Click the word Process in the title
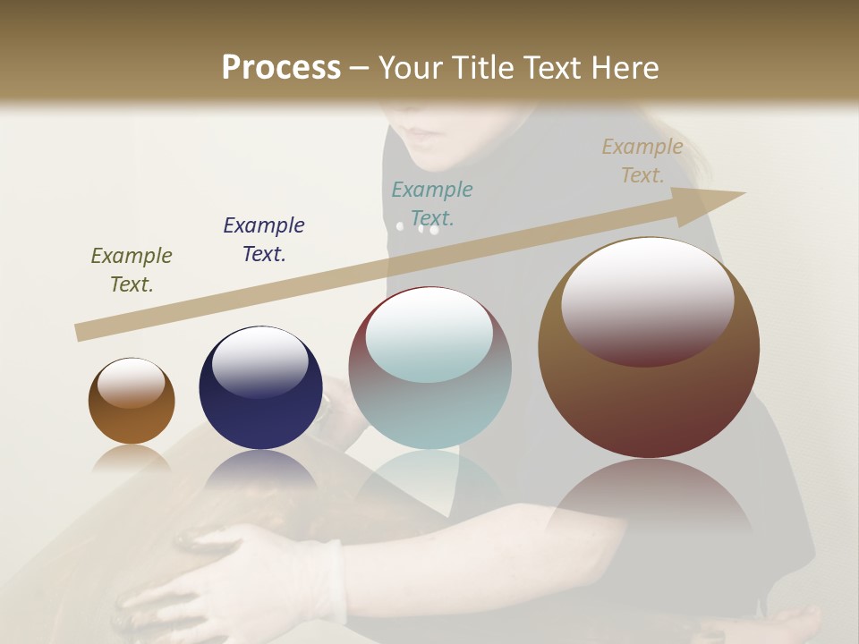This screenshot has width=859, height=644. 281,68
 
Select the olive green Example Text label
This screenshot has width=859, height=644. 132,270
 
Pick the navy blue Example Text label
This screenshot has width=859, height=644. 264,240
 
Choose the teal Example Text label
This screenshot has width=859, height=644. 432,204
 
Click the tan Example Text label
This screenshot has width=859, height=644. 642,161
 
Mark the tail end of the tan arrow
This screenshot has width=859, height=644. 81,332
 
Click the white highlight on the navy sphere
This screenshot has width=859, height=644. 259,362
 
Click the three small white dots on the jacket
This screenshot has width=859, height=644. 418,228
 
